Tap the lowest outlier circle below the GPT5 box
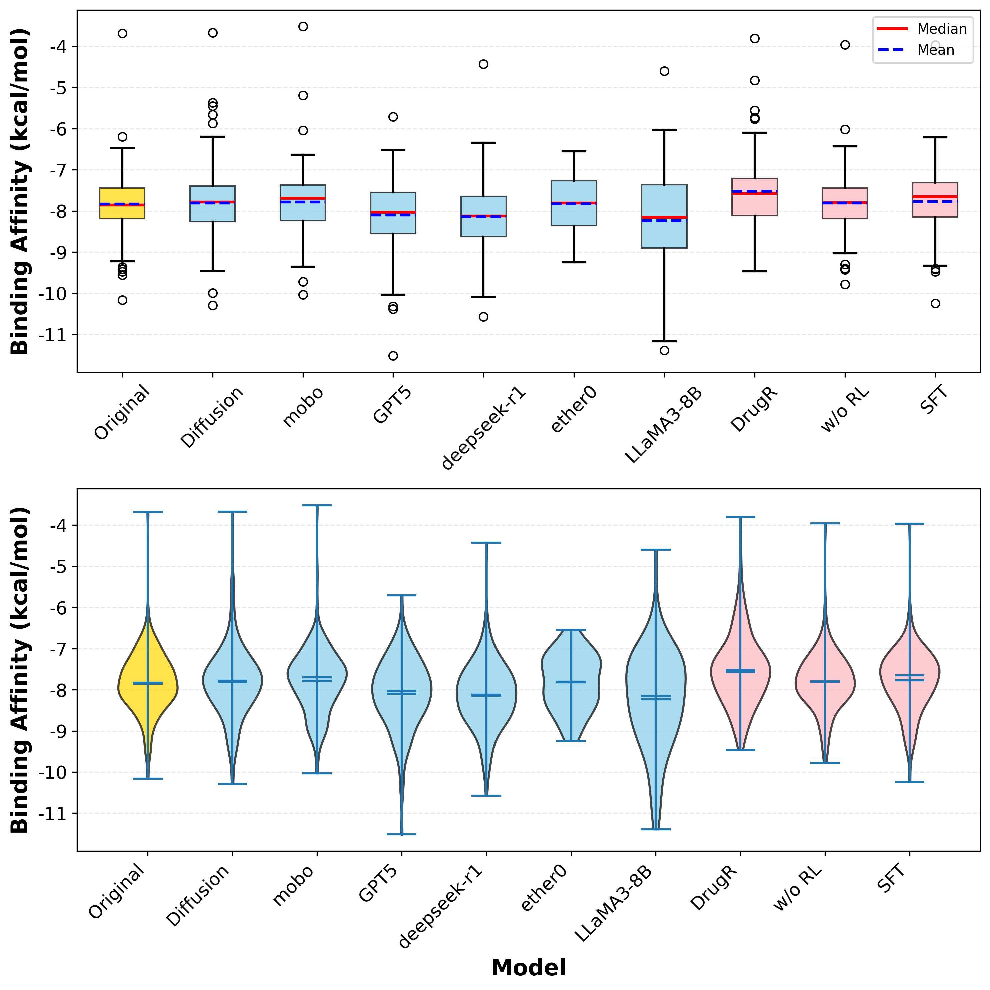(x=393, y=356)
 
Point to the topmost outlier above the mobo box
(x=303, y=27)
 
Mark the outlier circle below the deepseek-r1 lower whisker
(x=483, y=317)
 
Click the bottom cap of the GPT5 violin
(x=402, y=834)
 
